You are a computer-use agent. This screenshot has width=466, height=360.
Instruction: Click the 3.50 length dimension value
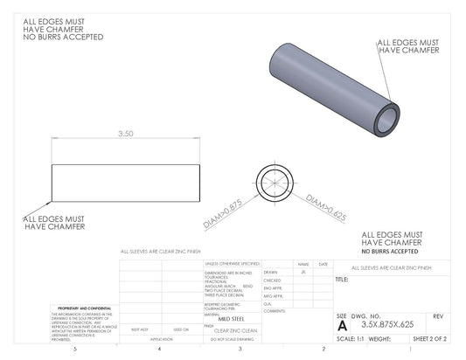[126, 134]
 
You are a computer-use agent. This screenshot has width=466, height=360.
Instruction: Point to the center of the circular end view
[275, 183]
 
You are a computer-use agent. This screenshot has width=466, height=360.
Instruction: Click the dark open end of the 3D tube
[385, 120]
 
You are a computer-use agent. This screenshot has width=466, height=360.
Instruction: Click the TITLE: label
[342, 280]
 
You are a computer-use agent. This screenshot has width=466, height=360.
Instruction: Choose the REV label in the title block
[438, 315]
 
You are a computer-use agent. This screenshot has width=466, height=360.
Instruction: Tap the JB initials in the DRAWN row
[303, 272]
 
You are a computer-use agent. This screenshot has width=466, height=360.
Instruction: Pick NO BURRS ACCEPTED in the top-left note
[63, 38]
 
